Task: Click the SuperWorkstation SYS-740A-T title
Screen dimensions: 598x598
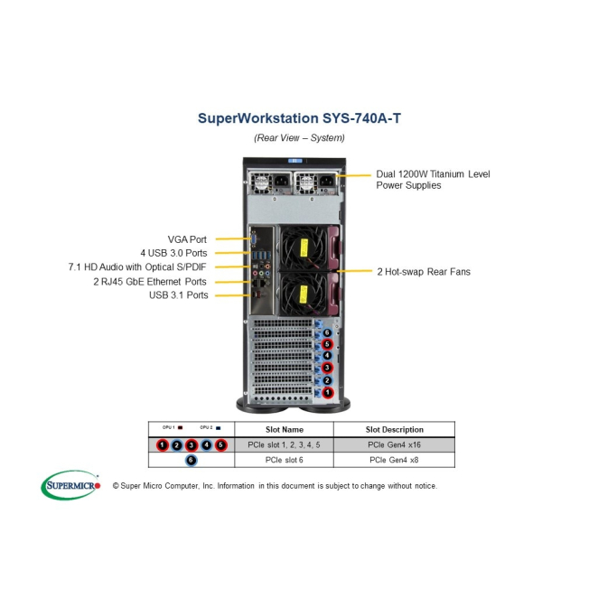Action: (x=298, y=117)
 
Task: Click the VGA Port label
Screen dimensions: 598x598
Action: (x=187, y=239)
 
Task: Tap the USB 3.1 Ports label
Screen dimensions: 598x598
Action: (x=178, y=295)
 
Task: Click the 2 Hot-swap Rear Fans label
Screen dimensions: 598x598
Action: (x=423, y=271)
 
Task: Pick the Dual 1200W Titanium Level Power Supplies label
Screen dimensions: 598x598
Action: (x=433, y=179)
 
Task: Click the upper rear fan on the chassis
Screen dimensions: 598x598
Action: (x=302, y=245)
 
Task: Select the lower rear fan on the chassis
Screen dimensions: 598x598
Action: (x=302, y=294)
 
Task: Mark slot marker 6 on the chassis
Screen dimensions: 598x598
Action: (x=328, y=333)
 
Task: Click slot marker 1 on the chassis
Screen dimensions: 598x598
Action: (x=328, y=393)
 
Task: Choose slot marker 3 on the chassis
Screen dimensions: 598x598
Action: (x=328, y=369)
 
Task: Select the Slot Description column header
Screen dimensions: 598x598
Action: (x=393, y=429)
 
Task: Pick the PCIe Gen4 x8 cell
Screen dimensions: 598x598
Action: (x=393, y=460)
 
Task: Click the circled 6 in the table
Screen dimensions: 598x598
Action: (x=191, y=460)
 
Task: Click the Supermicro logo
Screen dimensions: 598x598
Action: (x=70, y=485)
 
